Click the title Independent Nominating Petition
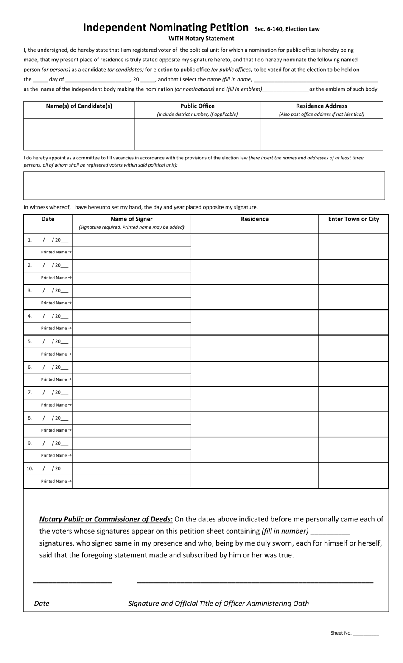pyautogui.click(x=165, y=28)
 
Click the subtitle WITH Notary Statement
pyautogui.click(x=201, y=39)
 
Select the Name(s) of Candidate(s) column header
pyautogui.click(x=79, y=106)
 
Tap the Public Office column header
pyautogui.click(x=197, y=106)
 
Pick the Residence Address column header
pyautogui.click(x=322, y=106)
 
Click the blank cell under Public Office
pyautogui.click(x=197, y=134)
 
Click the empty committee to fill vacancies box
pyautogui.click(x=204, y=185)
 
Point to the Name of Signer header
pyautogui.click(x=132, y=219)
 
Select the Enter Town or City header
pyautogui.click(x=353, y=219)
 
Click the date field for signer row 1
pyautogui.click(x=55, y=240)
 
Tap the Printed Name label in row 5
pyautogui.click(x=54, y=354)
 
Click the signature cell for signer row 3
pyautogui.click(x=132, y=291)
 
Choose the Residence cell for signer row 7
pyautogui.click(x=255, y=399)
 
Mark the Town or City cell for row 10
pyautogui.click(x=353, y=475)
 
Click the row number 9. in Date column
pyautogui.click(x=30, y=443)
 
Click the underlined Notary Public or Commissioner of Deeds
pyautogui.click(x=106, y=519)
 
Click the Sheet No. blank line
pyautogui.click(x=366, y=633)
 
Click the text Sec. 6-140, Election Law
pyautogui.click(x=287, y=29)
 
